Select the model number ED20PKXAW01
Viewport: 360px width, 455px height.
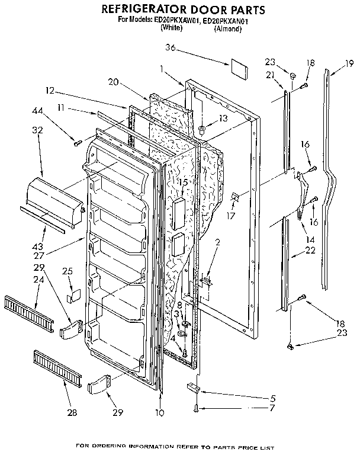[x=176, y=20]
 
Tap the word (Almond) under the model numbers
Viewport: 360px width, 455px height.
[x=227, y=28]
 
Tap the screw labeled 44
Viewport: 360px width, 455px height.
[x=77, y=141]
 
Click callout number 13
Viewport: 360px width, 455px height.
[x=222, y=118]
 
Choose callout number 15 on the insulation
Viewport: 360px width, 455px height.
[x=184, y=182]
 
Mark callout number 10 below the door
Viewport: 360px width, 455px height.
[x=159, y=413]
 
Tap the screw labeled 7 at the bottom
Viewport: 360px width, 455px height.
[x=196, y=408]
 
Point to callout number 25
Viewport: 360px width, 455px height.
[x=67, y=271]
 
